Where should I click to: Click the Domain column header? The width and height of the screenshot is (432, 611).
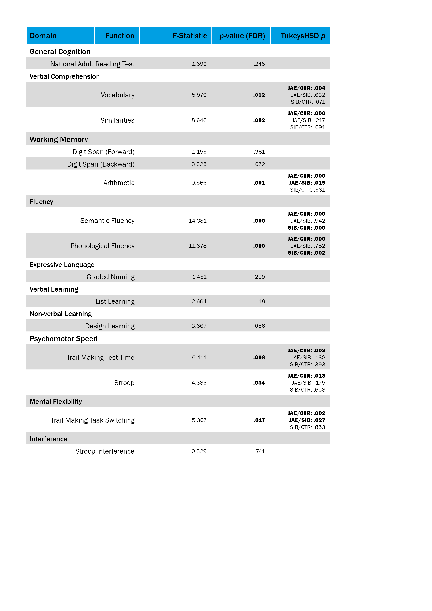coord(43,36)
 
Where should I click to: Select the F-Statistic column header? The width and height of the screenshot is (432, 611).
coord(190,36)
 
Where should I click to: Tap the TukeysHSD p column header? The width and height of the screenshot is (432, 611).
coord(303,36)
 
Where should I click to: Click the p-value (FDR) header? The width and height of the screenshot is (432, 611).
coord(242,36)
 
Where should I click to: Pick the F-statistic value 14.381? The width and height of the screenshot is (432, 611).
coord(198,221)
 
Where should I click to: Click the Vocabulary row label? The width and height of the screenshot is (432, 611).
coord(117,95)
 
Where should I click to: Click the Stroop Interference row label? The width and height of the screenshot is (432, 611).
coord(105,451)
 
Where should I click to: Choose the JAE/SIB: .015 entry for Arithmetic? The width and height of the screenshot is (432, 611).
coord(307,183)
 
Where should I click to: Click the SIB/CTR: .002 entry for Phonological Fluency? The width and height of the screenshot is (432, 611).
coord(306,253)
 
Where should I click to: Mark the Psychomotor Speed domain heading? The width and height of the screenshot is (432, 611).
coord(63,338)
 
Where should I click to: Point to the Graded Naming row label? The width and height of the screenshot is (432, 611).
coord(110,277)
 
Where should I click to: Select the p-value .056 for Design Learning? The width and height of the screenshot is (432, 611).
coord(259,326)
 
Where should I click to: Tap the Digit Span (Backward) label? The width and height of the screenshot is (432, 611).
coord(101,164)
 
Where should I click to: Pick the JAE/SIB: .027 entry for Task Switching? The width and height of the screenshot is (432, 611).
coord(307,420)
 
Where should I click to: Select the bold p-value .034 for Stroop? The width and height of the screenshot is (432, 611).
coord(259,383)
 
